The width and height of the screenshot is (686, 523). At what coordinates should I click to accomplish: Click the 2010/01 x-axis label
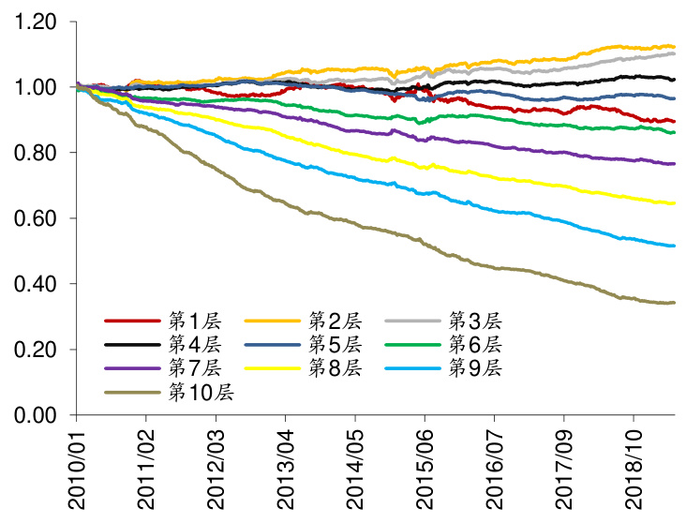(77, 469)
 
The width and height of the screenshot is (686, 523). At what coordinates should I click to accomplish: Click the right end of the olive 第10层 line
(675, 303)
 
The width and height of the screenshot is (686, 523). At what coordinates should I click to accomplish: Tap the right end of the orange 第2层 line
(675, 46)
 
